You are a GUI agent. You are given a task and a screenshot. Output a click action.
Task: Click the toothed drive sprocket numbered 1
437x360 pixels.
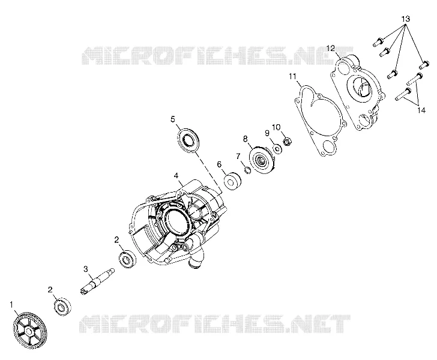[30, 331]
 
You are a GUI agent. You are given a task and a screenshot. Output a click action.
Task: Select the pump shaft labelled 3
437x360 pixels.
[97, 281]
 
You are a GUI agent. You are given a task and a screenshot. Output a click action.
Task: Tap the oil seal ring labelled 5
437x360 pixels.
[188, 140]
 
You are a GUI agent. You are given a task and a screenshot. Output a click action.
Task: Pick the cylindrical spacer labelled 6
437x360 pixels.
[233, 181]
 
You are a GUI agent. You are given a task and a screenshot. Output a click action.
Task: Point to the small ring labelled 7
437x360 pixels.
[247, 169]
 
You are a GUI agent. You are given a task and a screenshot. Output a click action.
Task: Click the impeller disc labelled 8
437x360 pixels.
[262, 161]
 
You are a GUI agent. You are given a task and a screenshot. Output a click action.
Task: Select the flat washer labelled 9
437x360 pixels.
[277, 149]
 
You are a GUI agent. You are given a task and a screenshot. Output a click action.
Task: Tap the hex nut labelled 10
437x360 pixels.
[288, 141]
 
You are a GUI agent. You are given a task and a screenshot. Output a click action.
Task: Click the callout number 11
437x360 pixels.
[292, 76]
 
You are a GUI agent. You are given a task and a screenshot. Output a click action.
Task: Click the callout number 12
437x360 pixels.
[331, 48]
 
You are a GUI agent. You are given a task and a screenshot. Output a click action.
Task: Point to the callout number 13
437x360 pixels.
[406, 19]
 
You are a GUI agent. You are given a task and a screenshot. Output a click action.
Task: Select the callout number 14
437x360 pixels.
[421, 110]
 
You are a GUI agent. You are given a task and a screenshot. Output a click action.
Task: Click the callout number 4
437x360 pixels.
[176, 176]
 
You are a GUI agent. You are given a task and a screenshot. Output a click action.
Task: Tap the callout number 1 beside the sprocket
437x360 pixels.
[12, 305]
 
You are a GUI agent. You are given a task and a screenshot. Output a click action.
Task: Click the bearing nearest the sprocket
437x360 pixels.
[62, 307]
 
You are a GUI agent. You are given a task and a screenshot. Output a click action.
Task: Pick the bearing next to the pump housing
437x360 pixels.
[128, 259]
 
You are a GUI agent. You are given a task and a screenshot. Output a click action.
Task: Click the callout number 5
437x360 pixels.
[173, 119]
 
